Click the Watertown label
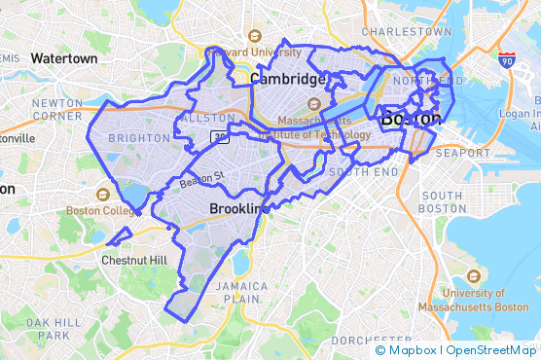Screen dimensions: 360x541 (64, 58)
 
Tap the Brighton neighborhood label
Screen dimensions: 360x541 (139, 138)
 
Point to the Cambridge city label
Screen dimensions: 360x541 (286, 79)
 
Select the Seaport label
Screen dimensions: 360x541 (462, 153)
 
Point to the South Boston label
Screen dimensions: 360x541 (443, 202)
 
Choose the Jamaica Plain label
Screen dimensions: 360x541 (240, 293)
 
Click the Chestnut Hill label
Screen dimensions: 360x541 (133, 260)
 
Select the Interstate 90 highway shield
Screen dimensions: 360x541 (505, 60)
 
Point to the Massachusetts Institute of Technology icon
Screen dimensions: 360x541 (314, 103)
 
